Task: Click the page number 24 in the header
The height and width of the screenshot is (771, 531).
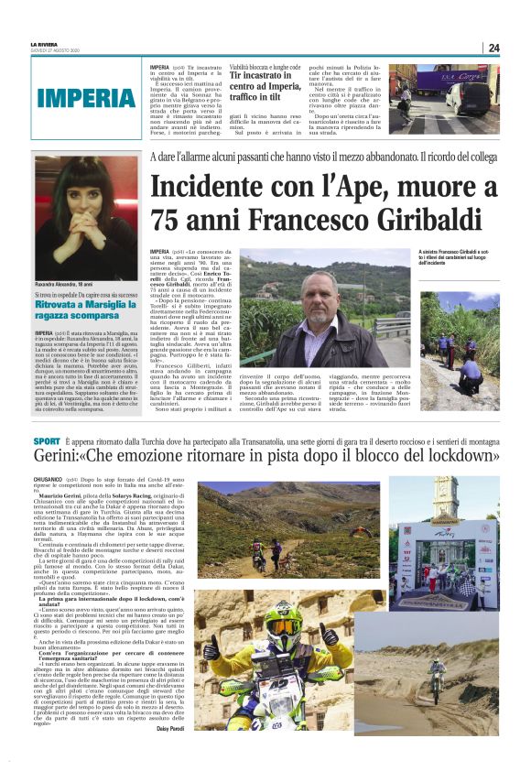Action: (493, 48)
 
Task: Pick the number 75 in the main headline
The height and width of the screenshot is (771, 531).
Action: (172, 221)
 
